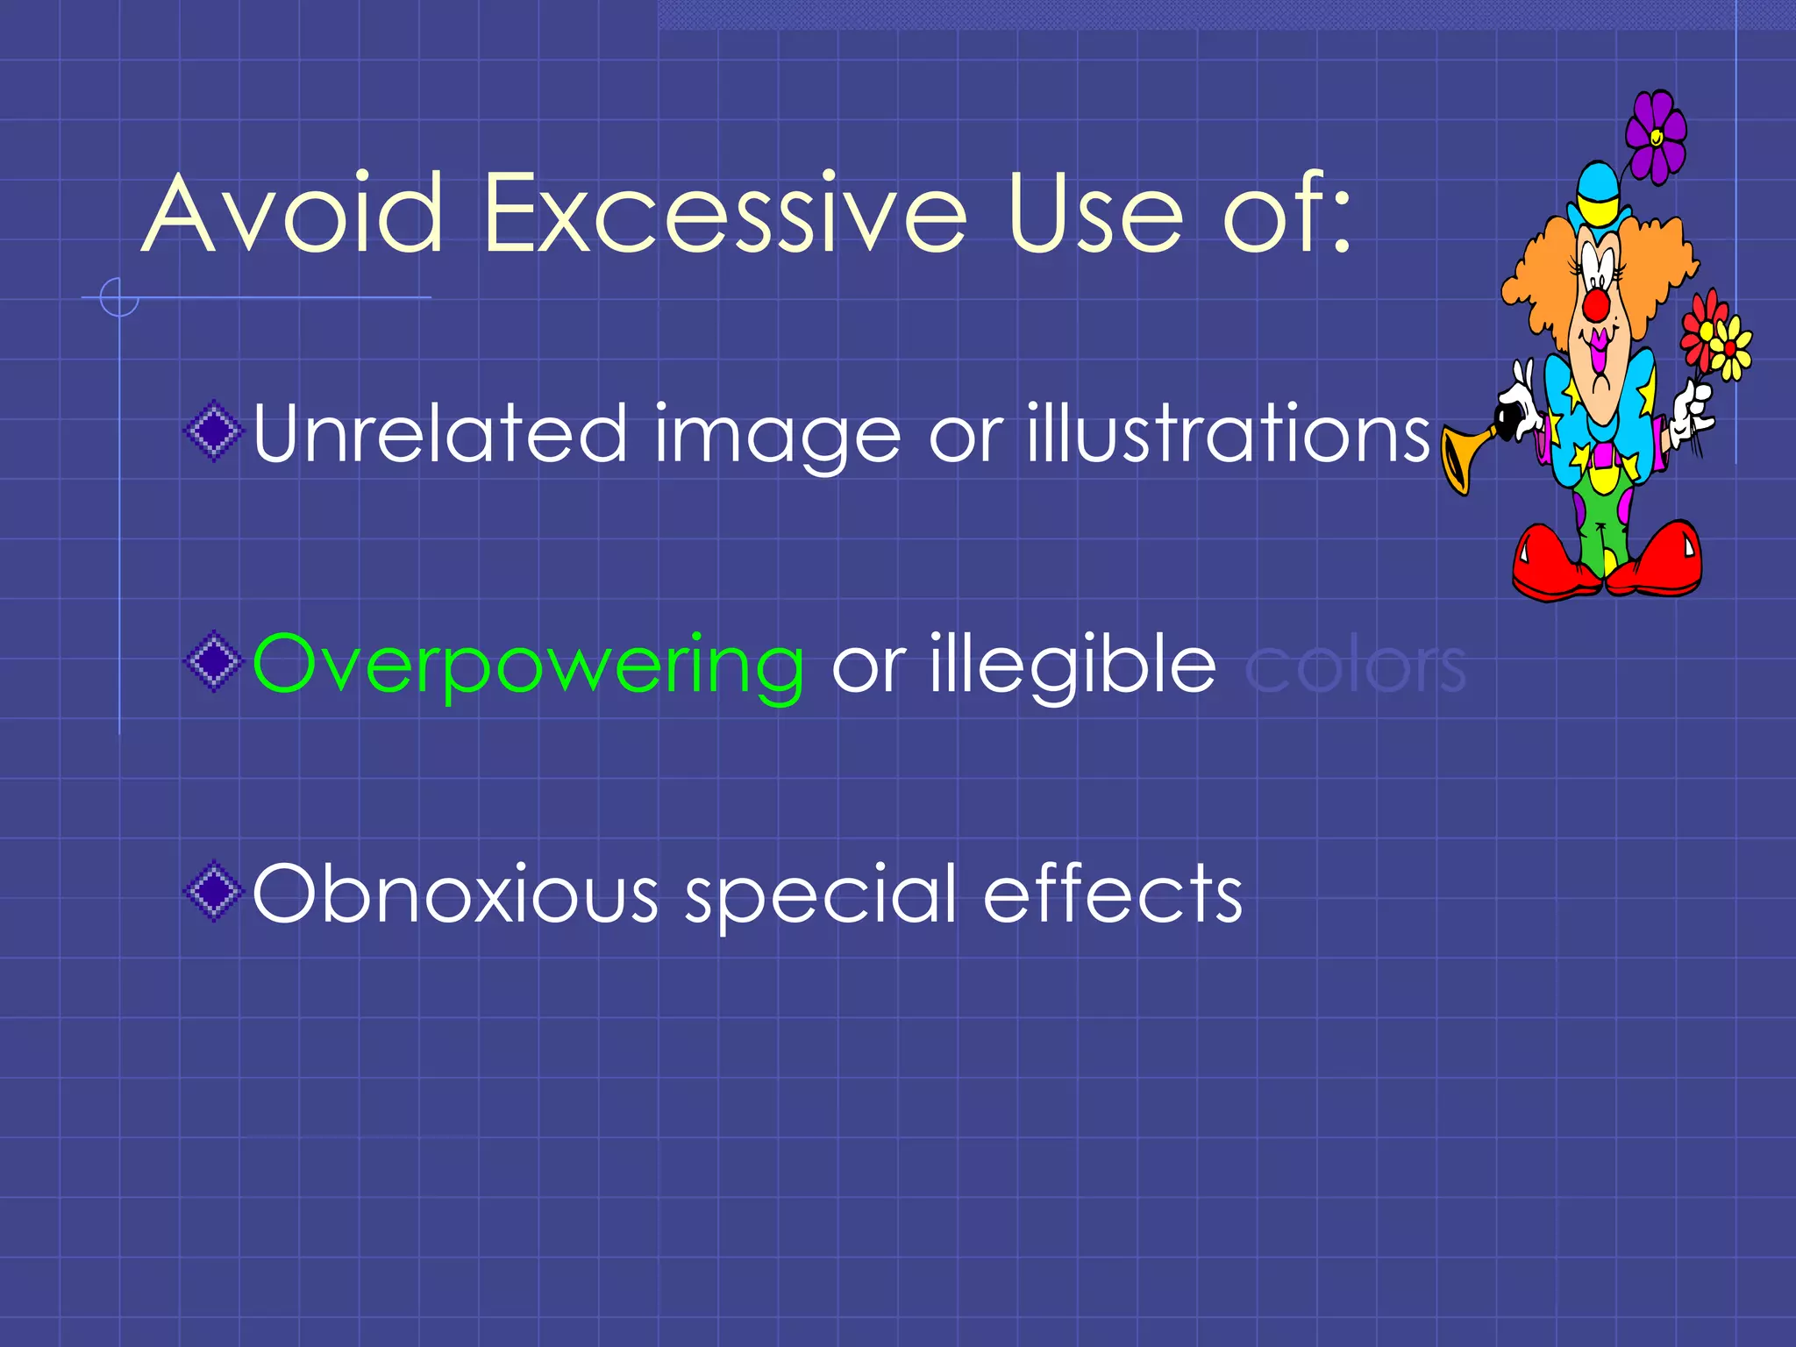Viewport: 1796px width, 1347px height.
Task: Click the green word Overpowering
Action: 528,666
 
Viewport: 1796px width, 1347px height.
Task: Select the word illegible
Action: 1073,666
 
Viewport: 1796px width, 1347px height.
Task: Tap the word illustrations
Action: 1229,433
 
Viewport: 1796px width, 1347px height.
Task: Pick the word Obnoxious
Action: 455,894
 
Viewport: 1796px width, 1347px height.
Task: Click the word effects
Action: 1113,894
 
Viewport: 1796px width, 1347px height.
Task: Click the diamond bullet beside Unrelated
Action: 213,431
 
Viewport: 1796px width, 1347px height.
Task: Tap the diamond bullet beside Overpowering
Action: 213,661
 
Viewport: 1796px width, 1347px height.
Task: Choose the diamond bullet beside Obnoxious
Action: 213,893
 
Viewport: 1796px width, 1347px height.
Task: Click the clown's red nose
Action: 1597,305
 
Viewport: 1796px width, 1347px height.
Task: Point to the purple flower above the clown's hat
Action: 1656,138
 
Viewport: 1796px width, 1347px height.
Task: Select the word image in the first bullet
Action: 777,435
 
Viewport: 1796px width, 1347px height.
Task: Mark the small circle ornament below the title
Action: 119,297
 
